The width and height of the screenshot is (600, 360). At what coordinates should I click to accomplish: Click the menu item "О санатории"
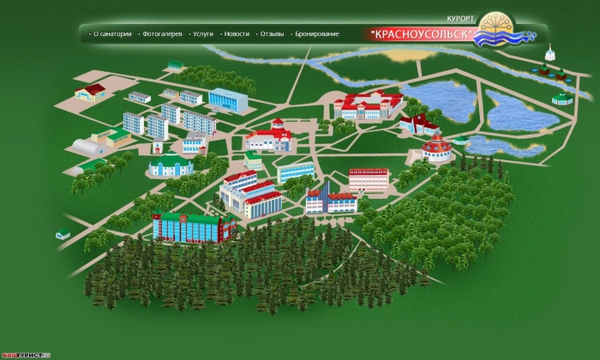[112, 33]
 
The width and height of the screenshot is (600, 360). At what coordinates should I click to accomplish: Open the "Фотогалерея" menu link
[162, 33]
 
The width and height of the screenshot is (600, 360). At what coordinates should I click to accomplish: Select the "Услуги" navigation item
[203, 33]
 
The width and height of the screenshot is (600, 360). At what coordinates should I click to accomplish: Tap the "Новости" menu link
[237, 33]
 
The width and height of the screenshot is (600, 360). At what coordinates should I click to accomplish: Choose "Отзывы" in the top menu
[272, 33]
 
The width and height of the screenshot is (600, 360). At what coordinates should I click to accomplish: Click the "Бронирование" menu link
[317, 33]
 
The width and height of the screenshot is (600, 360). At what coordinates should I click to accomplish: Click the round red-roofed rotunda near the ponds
[437, 148]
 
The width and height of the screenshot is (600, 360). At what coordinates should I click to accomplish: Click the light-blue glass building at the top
[228, 99]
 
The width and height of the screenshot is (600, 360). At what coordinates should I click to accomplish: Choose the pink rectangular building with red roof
[369, 179]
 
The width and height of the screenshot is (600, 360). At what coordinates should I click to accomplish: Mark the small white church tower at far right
[549, 57]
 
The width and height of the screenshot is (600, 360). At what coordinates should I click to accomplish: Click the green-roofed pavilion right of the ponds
[561, 98]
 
